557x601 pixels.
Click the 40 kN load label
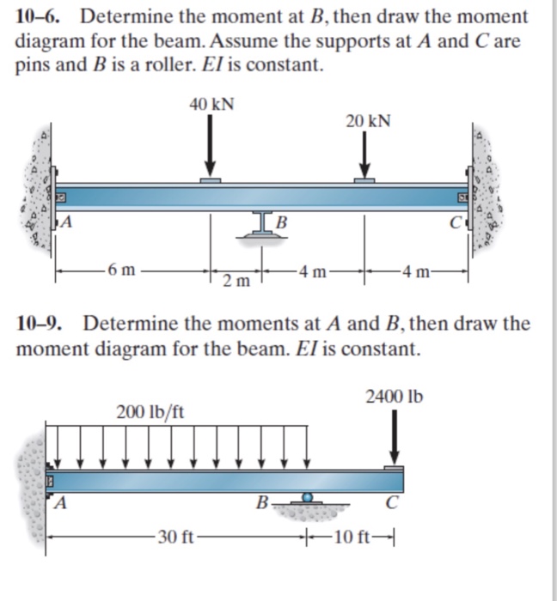tap(211, 105)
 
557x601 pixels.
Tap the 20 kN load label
tap(368, 120)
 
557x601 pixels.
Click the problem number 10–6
tap(42, 16)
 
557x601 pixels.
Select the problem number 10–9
tap(43, 325)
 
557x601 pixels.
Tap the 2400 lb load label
tap(394, 397)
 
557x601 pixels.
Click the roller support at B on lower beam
tap(306, 498)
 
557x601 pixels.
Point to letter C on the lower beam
tap(392, 504)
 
